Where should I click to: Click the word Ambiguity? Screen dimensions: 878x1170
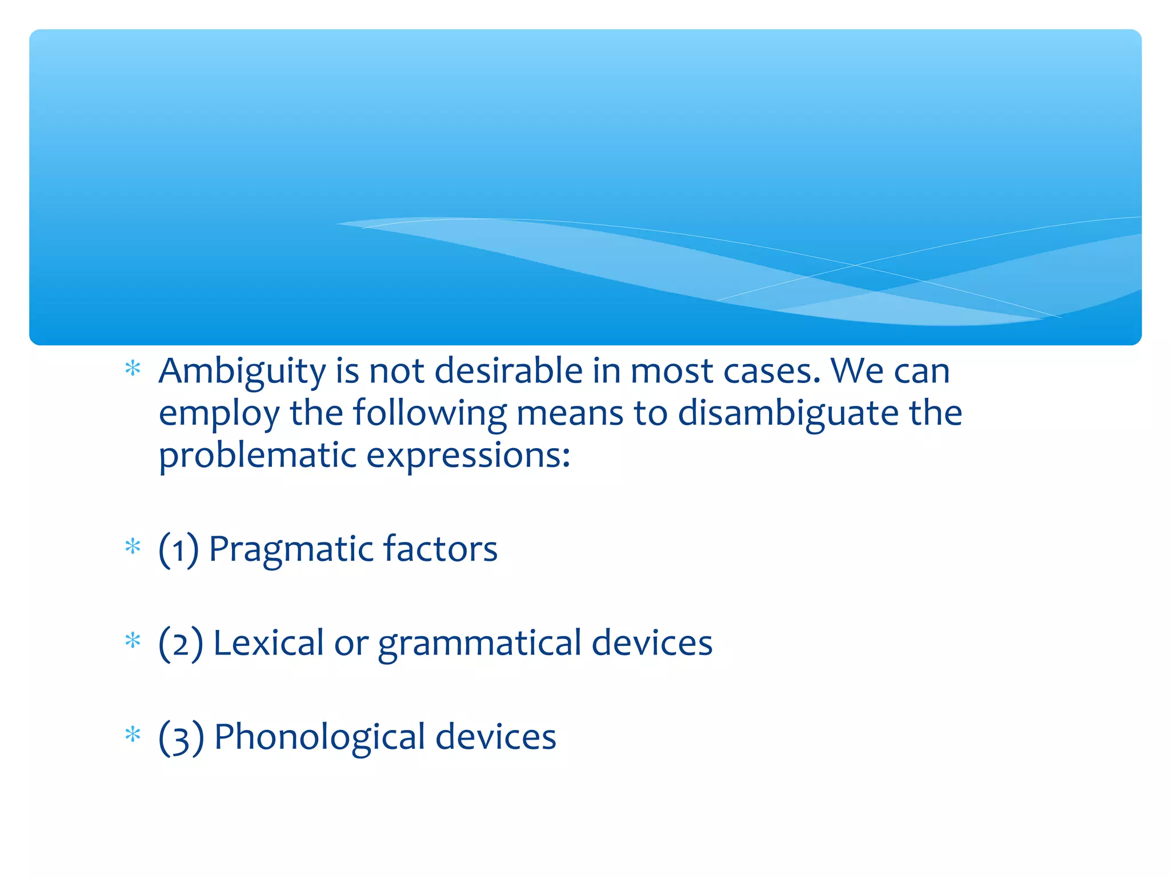[242, 372]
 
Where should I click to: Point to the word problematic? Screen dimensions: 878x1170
[258, 456]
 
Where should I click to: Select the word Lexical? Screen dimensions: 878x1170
[269, 643]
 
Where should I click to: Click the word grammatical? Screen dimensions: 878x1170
[480, 644]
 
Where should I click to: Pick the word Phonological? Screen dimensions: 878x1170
[319, 737]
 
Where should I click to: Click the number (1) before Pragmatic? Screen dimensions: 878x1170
[179, 550]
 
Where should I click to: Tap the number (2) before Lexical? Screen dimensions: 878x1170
[181, 644]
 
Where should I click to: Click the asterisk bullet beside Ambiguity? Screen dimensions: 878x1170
[133, 369]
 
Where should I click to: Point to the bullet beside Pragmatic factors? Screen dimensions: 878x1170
[133, 546]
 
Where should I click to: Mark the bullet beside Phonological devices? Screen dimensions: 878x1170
[133, 734]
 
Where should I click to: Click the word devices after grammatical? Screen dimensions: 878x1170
[652, 643]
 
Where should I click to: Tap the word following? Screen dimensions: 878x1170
[430, 413]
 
